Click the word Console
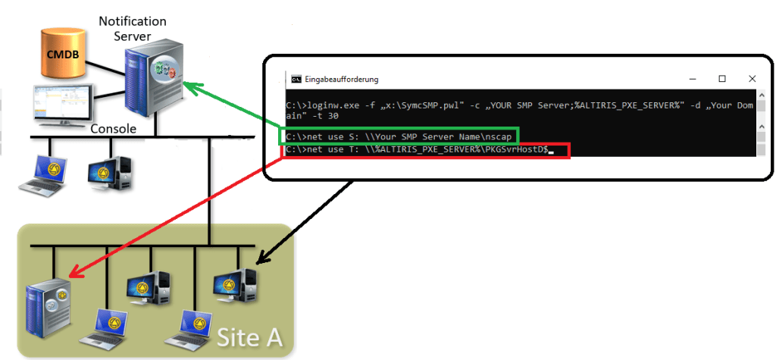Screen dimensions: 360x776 click(113, 129)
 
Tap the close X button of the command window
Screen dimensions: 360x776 click(751, 79)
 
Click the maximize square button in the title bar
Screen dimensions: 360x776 click(722, 79)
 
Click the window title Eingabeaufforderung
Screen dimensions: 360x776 click(341, 79)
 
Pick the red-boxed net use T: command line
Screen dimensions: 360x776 click(424, 151)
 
